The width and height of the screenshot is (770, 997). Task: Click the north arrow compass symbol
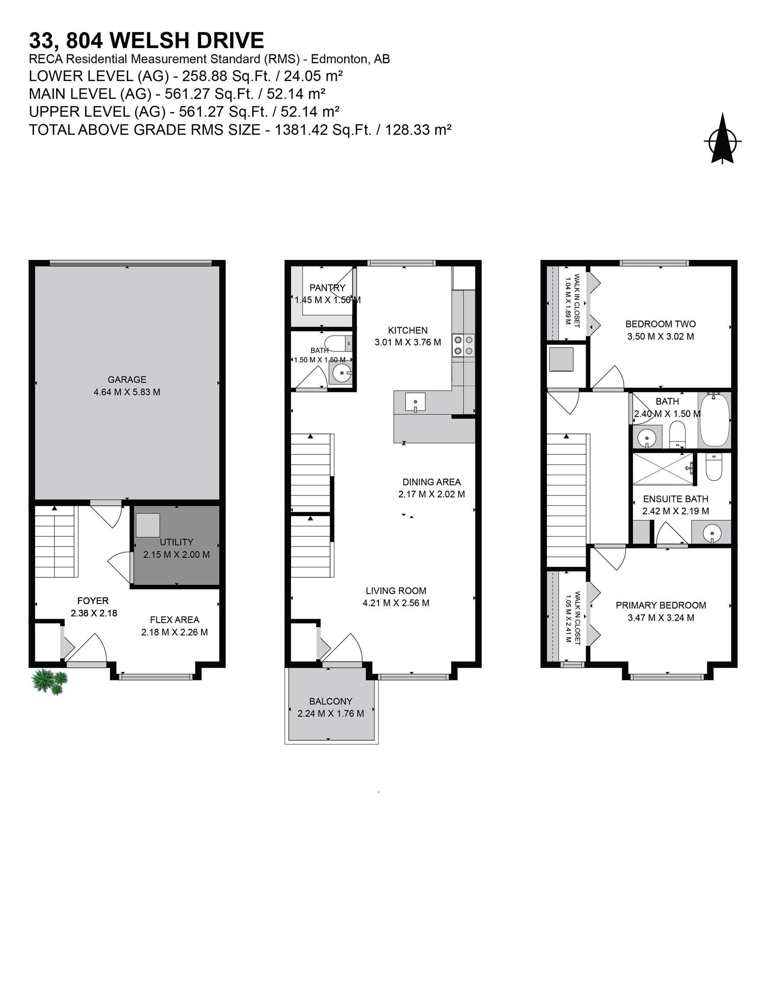coord(722,139)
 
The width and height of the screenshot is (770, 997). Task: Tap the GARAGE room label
coord(127,380)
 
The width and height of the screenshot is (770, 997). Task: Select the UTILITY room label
coord(176,542)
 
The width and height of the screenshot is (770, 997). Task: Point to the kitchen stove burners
coord(463,345)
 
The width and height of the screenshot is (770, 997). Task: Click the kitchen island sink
coord(415,402)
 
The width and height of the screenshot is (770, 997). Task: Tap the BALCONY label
coord(330,701)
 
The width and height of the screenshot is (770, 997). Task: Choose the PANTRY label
coord(327,288)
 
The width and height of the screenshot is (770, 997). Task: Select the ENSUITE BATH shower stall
coord(662,469)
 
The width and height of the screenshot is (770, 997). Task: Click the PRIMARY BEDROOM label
coord(661,605)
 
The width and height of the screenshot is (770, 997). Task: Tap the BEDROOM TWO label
coord(661,324)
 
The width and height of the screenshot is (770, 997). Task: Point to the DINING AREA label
coord(431,482)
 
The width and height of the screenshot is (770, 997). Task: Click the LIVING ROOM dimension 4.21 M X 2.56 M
coord(396,603)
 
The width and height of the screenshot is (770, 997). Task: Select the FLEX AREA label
coord(174,620)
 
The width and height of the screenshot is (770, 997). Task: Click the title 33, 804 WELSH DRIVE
coord(147,40)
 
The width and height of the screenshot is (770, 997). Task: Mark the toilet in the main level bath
coord(337,342)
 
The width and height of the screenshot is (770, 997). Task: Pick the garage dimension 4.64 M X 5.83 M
coord(127,392)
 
